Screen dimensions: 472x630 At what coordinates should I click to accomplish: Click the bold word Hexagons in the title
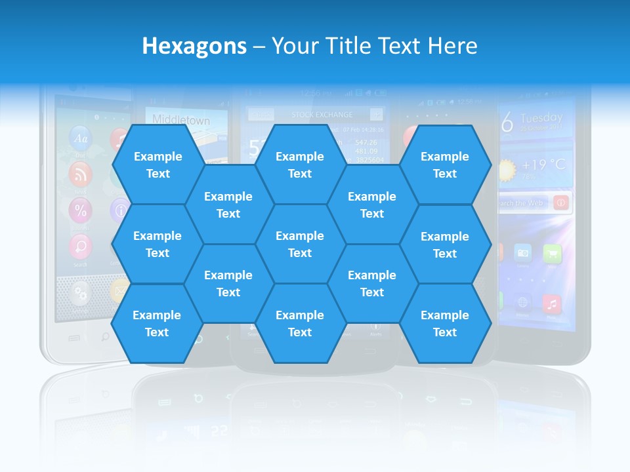[194, 46]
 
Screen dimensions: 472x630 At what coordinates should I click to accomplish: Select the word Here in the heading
[451, 46]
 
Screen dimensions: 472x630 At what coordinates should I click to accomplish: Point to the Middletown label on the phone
[181, 120]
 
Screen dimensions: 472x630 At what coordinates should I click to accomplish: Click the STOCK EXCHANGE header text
[322, 115]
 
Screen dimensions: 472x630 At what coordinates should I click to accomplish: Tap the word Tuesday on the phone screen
[541, 119]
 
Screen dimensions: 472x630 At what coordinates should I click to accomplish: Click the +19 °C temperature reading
[543, 165]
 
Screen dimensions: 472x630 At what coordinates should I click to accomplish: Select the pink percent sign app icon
[81, 210]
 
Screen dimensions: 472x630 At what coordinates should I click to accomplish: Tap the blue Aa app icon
[81, 138]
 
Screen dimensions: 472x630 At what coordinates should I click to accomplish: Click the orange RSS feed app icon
[81, 174]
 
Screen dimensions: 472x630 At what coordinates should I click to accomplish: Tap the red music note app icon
[553, 304]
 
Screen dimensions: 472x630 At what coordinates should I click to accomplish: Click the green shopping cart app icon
[552, 253]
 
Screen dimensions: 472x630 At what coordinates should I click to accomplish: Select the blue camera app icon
[523, 253]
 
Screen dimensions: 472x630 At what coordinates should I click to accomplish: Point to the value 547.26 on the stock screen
[366, 142]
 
